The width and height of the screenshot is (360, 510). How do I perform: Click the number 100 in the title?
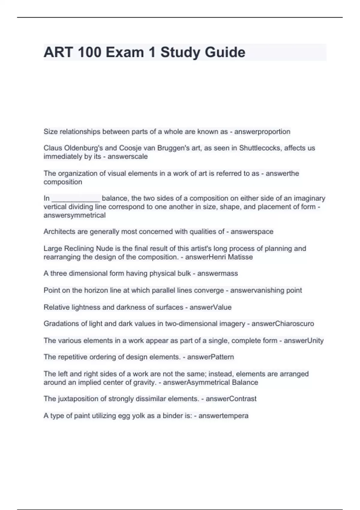point(89,52)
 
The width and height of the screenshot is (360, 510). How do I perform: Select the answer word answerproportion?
point(262,132)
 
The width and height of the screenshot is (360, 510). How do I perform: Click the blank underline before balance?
point(76,199)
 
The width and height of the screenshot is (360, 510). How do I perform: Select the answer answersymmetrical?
point(74,215)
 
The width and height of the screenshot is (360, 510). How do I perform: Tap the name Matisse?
point(241,257)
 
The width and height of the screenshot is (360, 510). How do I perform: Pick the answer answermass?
point(217,273)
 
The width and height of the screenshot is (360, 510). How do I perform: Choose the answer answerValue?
point(210,307)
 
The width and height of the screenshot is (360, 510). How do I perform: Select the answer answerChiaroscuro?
point(283,324)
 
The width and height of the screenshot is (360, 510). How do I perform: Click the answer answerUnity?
point(304,340)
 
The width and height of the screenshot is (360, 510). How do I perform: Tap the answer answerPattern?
point(210,357)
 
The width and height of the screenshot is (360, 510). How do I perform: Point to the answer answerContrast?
point(231,399)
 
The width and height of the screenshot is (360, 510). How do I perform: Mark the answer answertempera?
point(223,416)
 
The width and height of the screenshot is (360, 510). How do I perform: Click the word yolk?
point(139,416)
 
